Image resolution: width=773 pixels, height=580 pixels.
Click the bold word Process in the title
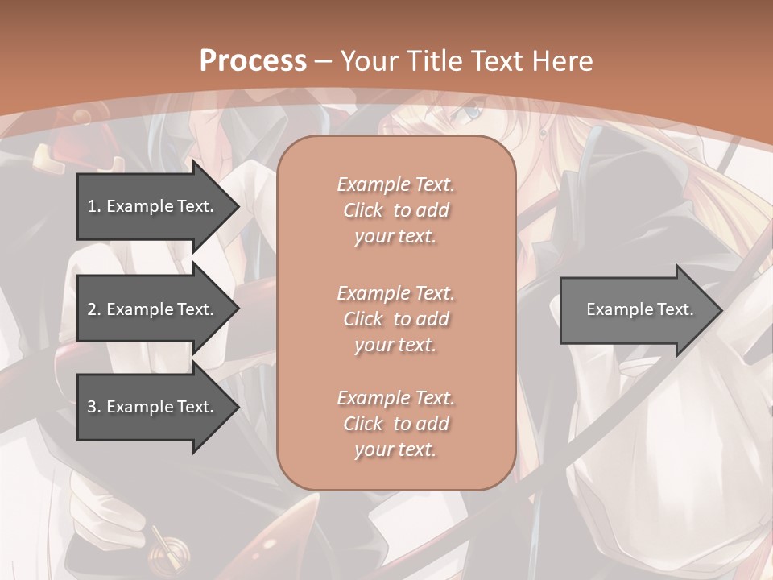(x=253, y=61)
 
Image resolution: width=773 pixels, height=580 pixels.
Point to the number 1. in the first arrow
(x=94, y=206)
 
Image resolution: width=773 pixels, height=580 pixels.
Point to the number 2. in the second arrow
(x=94, y=309)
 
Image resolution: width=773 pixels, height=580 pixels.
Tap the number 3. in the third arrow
(x=94, y=407)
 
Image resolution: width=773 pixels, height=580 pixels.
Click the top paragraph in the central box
(x=395, y=210)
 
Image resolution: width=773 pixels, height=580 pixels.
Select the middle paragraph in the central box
(x=395, y=319)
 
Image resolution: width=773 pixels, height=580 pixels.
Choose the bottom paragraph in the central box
(x=395, y=424)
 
